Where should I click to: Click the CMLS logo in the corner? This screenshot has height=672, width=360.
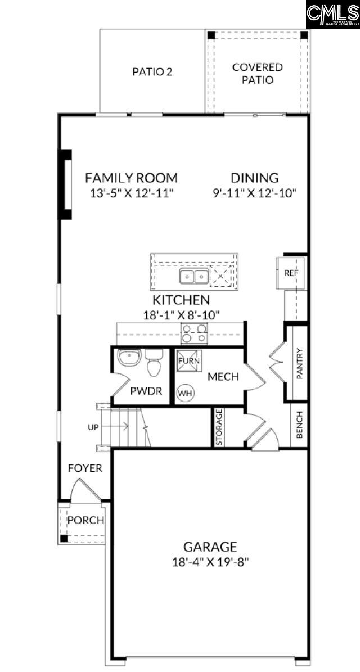point(332,14)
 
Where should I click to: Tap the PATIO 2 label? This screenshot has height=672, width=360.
point(152,71)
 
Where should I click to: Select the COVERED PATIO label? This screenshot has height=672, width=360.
point(258,74)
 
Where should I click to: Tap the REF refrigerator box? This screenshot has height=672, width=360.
point(290,273)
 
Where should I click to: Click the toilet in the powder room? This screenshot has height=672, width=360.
point(153,364)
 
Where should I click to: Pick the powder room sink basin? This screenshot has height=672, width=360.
point(130,357)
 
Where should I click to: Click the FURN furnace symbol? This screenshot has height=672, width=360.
point(188,360)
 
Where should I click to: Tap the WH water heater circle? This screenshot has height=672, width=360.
point(184,393)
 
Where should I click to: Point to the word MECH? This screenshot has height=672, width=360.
point(223,377)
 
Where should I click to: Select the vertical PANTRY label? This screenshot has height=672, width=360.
point(300,364)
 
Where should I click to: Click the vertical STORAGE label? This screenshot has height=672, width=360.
point(219,427)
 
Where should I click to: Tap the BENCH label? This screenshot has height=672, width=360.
point(299,425)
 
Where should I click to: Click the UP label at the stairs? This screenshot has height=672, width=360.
point(93,427)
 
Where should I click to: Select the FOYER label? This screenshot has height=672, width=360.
point(85,468)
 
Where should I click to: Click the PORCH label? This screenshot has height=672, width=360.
point(85,520)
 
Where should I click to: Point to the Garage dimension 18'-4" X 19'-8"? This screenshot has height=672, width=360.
point(210,561)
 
